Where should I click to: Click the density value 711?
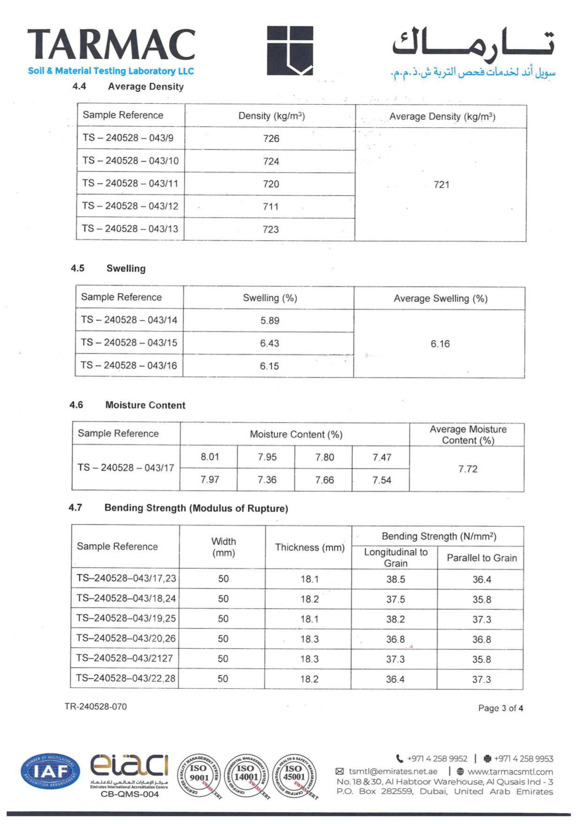271,207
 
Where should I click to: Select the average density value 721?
441,185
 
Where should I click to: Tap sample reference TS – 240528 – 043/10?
130,161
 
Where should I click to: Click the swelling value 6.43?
269,343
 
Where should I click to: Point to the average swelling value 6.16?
440,344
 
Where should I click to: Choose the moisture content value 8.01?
209,457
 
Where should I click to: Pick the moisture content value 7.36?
267,480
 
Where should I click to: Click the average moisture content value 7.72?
467,469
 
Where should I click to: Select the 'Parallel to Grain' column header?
482,558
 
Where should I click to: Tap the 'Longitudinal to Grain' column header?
396,557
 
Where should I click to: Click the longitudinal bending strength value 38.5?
395,579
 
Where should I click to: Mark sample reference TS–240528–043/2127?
124,658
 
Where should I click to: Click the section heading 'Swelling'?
126,269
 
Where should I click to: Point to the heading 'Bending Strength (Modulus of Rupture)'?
196,508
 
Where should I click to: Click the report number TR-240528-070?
96,707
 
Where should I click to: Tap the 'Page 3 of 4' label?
500,708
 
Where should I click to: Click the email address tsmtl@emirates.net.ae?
393,771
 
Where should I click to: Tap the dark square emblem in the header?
290,50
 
